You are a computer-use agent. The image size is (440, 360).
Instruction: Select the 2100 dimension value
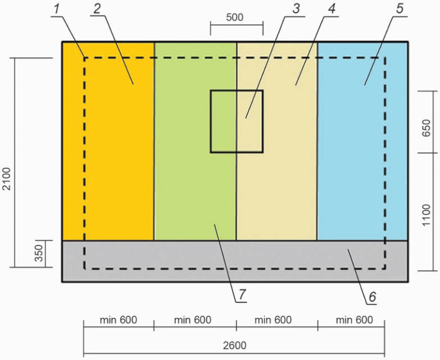tap(7, 178)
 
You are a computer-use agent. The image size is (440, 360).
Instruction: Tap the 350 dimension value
tap(38, 255)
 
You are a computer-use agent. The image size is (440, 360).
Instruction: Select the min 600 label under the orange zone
tap(119, 320)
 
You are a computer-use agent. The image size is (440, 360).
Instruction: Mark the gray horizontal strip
tap(169, 261)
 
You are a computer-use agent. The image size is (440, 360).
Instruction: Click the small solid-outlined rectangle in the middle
tap(237, 121)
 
